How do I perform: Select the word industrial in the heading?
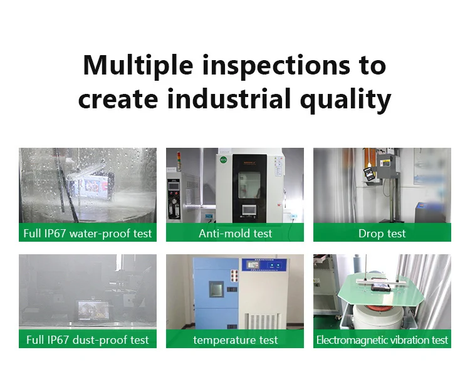click(x=229, y=98)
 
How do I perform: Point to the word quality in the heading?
click(x=345, y=100)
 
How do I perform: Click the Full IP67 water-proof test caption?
click(x=88, y=234)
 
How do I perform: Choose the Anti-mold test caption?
click(x=235, y=234)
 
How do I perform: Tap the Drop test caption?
click(x=382, y=234)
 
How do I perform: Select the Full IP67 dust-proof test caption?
click(x=88, y=340)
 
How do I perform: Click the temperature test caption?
click(x=235, y=340)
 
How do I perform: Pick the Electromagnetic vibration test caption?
click(x=382, y=340)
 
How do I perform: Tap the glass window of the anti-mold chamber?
click(x=249, y=185)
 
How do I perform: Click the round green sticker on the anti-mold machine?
click(x=223, y=160)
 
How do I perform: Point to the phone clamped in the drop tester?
click(x=369, y=174)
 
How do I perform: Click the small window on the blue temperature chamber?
click(x=216, y=289)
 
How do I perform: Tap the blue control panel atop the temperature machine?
click(x=264, y=266)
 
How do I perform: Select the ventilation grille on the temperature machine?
click(x=263, y=322)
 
